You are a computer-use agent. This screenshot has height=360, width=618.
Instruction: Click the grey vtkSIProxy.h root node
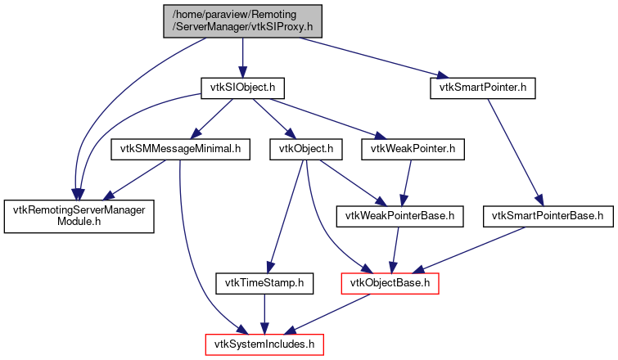(242, 21)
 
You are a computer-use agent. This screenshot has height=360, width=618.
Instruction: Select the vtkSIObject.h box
(242, 87)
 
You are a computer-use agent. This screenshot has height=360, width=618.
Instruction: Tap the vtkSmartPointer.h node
(483, 87)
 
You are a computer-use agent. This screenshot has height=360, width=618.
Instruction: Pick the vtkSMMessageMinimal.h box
(179, 150)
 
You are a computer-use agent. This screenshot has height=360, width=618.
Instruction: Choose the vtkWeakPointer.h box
(417, 150)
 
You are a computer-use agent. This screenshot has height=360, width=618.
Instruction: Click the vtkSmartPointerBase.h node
(548, 217)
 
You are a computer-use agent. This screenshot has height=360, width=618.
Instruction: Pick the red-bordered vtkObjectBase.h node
(390, 284)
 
